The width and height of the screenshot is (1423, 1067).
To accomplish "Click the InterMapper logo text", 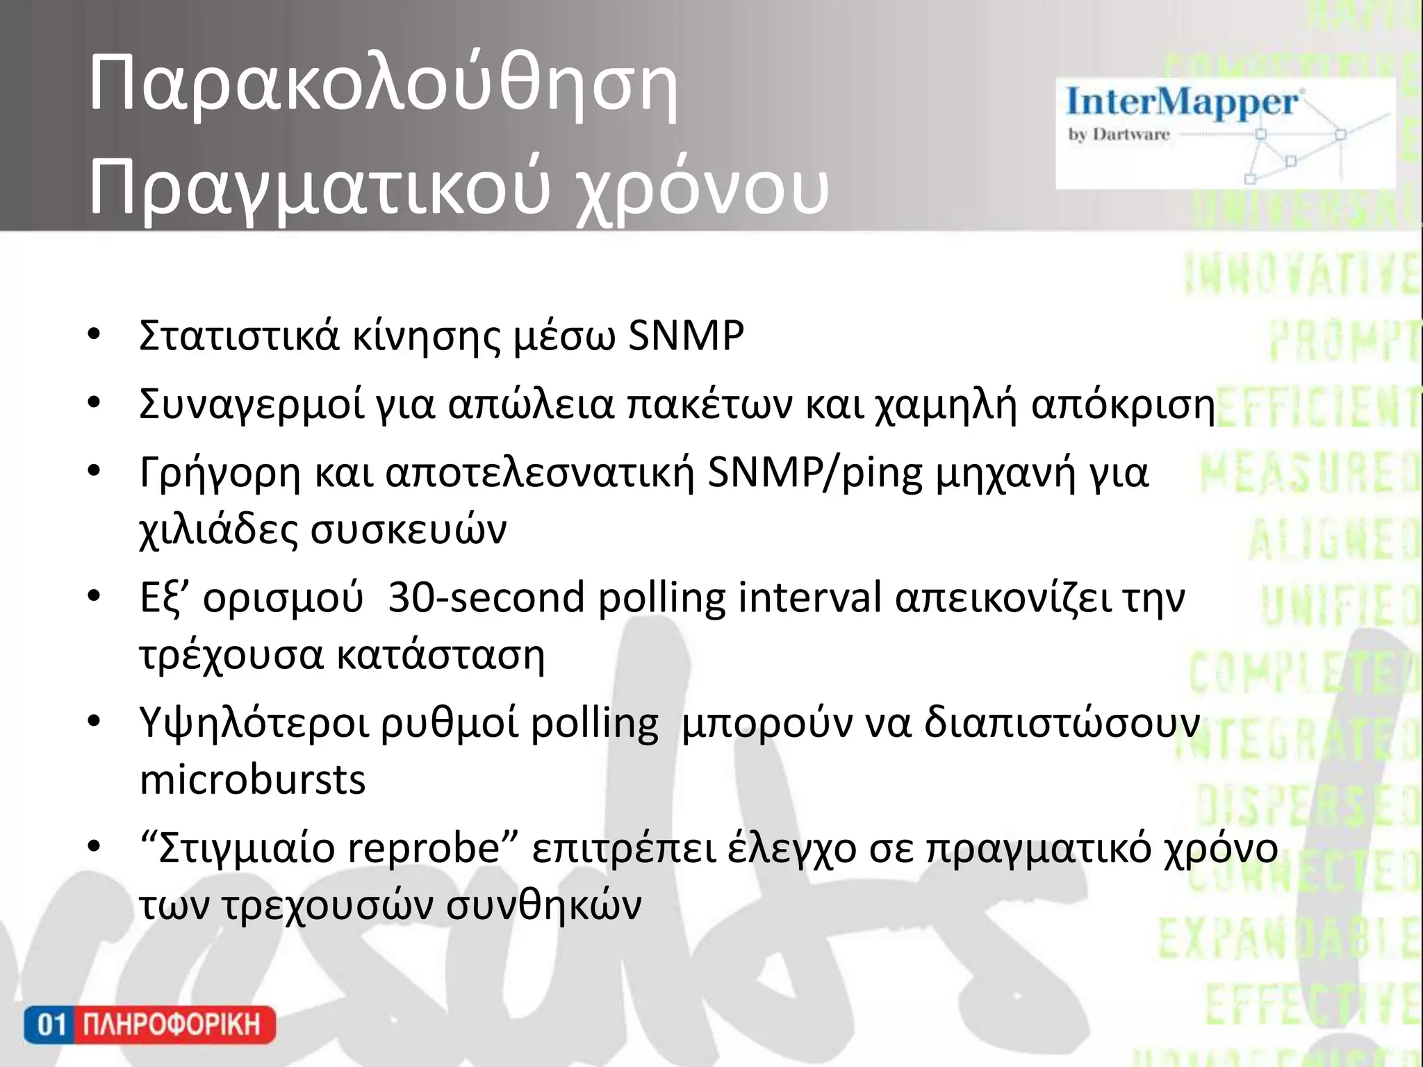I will point(1181,102).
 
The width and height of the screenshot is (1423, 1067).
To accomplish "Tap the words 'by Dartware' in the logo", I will point(1119,134).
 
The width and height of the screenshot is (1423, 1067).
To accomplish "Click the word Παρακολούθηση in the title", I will point(383,86).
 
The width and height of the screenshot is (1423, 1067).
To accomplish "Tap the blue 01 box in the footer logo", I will point(50,1025).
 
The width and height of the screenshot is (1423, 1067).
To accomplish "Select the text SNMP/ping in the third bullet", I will point(814,473).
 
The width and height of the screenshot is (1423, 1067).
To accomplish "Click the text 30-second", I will point(486,597).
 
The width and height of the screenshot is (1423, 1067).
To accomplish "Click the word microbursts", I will point(252,779).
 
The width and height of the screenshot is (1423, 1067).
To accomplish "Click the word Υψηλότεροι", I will point(254,723).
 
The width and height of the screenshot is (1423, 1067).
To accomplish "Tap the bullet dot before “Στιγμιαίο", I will point(94,847).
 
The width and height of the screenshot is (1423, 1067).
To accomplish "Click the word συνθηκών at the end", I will point(543,905).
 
